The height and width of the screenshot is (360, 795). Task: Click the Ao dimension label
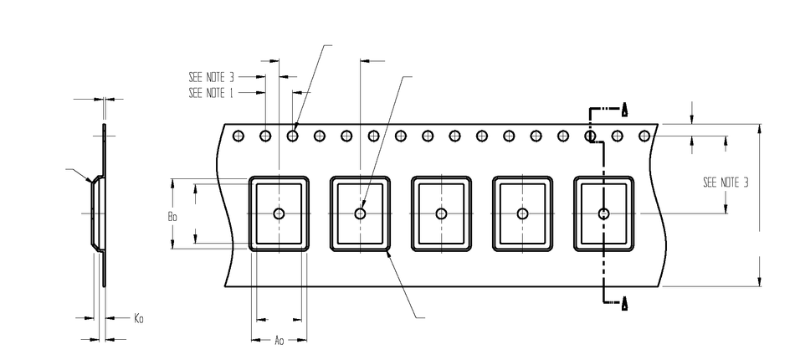click(x=280, y=341)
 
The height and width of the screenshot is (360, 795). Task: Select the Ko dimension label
click(x=139, y=318)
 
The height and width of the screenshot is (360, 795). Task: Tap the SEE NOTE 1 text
click(x=210, y=92)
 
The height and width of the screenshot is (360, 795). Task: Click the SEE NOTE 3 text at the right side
click(x=726, y=182)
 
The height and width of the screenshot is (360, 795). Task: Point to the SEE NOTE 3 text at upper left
click(x=210, y=76)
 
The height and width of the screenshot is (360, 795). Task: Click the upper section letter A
click(x=624, y=109)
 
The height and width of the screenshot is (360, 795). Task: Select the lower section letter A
click(x=624, y=302)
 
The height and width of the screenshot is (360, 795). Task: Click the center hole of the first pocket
click(x=279, y=213)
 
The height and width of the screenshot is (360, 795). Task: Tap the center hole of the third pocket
click(x=441, y=213)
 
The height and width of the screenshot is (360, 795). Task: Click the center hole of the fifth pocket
click(x=603, y=213)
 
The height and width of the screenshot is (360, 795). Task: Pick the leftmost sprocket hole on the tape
click(x=238, y=135)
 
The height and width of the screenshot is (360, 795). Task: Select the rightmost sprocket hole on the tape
click(x=644, y=135)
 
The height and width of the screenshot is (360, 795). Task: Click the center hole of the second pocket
click(x=360, y=213)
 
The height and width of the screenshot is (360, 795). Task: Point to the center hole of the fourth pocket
click(x=522, y=213)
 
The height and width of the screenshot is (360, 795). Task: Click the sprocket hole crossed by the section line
click(x=590, y=135)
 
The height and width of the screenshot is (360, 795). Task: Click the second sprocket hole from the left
click(x=265, y=135)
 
